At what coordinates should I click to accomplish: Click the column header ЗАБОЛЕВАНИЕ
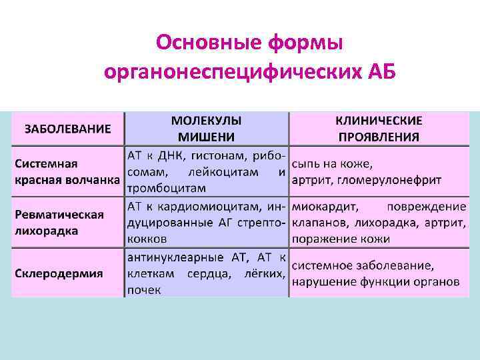[68, 129]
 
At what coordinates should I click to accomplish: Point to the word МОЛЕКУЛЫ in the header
[206, 121]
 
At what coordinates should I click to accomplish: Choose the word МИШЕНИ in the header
[206, 137]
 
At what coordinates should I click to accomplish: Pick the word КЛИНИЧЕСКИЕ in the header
[378, 121]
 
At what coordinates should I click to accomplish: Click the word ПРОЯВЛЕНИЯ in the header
[378, 137]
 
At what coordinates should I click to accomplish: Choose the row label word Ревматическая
[59, 214]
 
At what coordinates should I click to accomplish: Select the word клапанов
[315, 222]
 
